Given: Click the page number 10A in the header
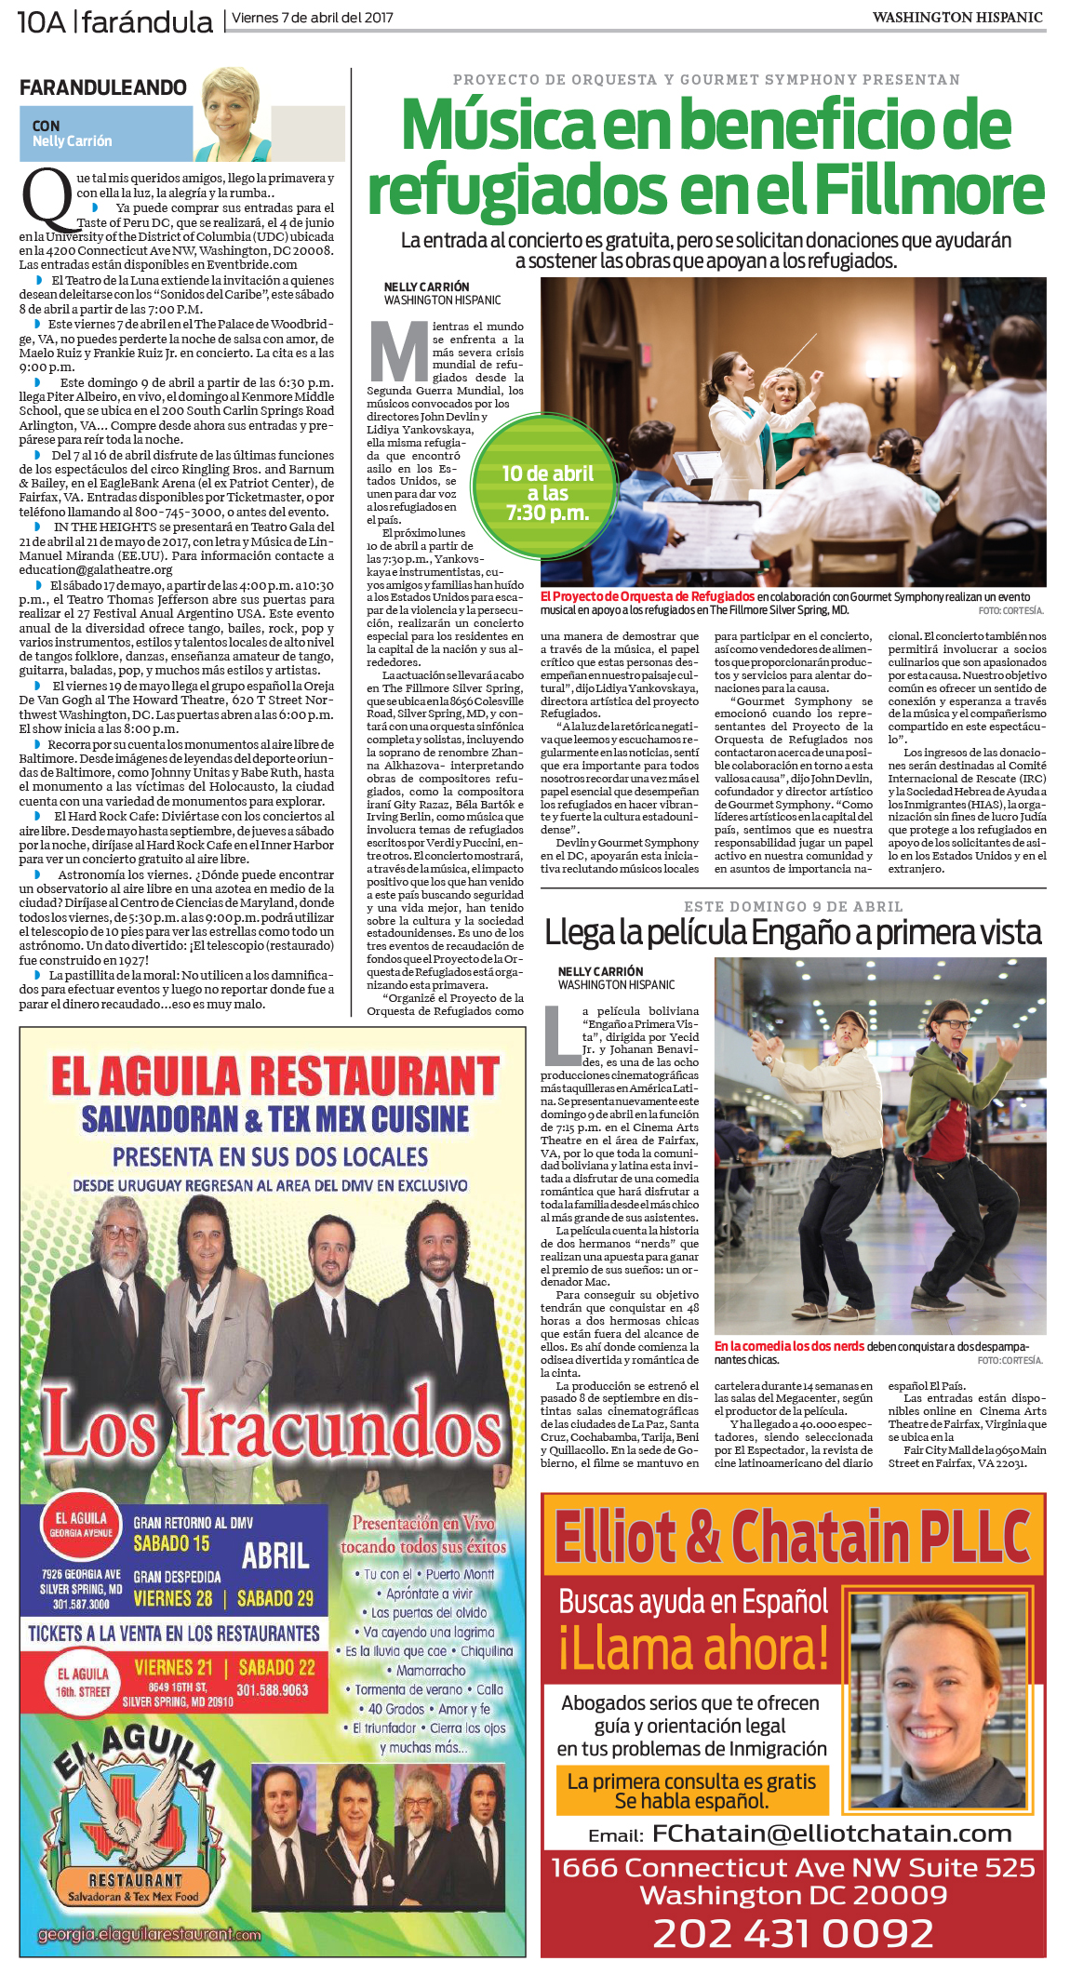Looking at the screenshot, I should [42, 20].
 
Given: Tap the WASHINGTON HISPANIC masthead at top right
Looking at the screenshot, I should [957, 18].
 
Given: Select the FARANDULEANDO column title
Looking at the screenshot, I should [103, 87].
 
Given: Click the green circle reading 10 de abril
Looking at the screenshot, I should [547, 493].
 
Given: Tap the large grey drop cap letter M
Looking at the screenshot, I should [397, 351].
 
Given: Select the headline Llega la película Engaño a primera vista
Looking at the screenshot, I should [793, 932].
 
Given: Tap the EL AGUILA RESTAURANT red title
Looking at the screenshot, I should [274, 1075].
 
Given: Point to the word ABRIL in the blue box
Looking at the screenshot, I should [275, 1555].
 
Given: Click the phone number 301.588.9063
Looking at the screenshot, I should [273, 1689].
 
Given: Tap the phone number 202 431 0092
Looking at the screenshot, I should [793, 1932].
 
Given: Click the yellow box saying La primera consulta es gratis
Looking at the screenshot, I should [691, 1791].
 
